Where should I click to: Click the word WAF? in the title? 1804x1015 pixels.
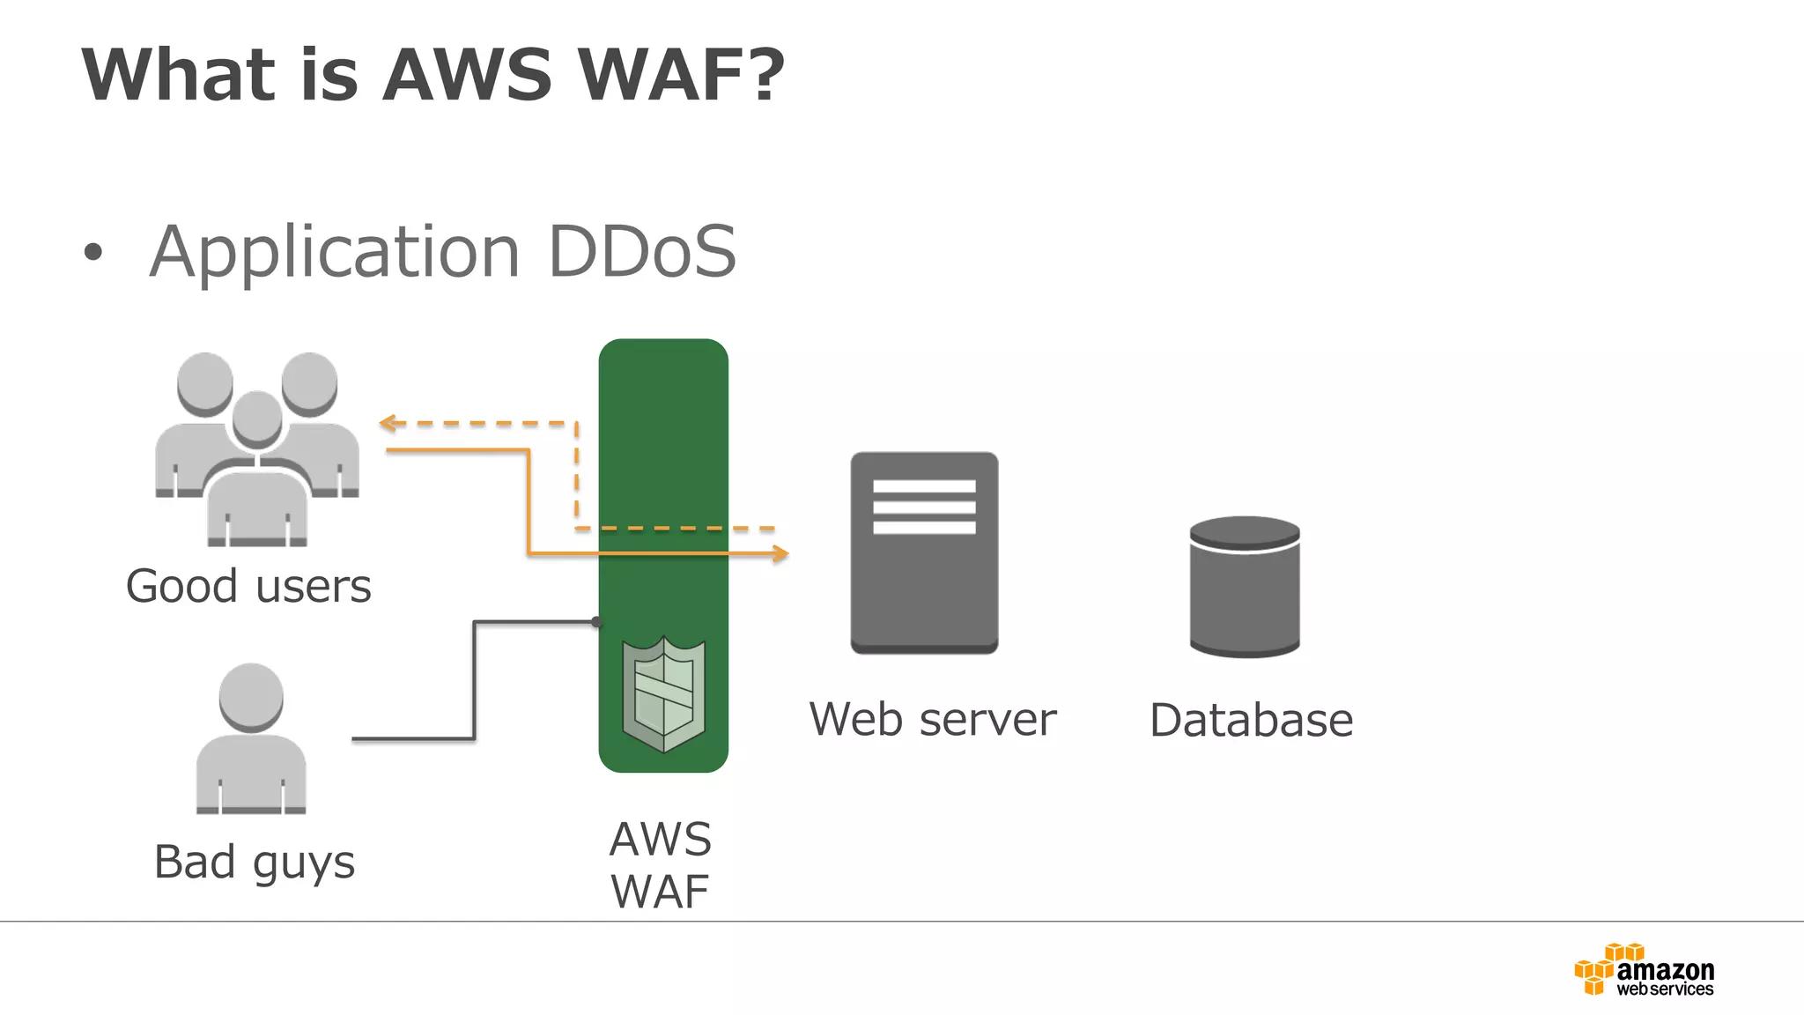pyautogui.click(x=681, y=75)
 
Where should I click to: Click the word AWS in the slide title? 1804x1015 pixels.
pyautogui.click(x=467, y=75)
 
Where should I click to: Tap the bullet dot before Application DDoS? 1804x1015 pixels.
pyautogui.click(x=92, y=253)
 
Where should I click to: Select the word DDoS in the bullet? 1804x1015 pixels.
pyautogui.click(x=641, y=252)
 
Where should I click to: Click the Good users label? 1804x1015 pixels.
pyautogui.click(x=248, y=587)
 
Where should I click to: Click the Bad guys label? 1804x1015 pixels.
pyautogui.click(x=254, y=863)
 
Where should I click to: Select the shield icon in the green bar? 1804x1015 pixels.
pyautogui.click(x=663, y=695)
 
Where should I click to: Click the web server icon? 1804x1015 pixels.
pyautogui.click(x=924, y=552)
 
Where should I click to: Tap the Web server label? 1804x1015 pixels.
pyautogui.click(x=932, y=720)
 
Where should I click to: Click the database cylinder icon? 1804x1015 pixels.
pyautogui.click(x=1244, y=588)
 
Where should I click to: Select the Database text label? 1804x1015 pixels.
pyautogui.click(x=1251, y=721)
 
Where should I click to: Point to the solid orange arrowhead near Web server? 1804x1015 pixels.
pyautogui.click(x=780, y=553)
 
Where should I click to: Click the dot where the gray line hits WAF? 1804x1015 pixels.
pyautogui.click(x=596, y=622)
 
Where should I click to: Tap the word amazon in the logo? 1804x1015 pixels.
pyautogui.click(x=1665, y=970)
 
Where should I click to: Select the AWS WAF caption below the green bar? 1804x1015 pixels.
pyautogui.click(x=661, y=865)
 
